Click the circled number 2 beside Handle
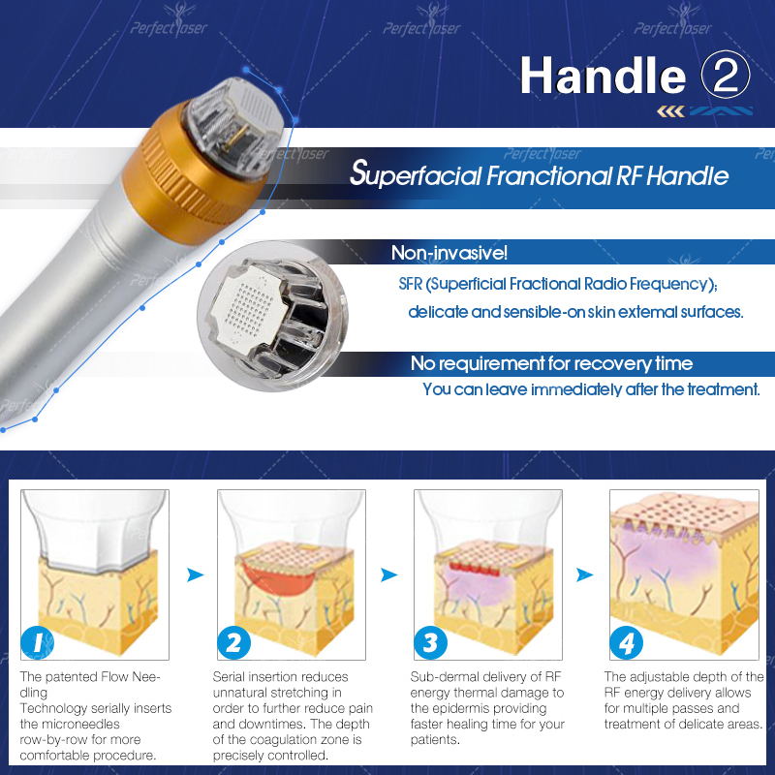(x=725, y=76)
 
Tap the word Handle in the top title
(x=603, y=76)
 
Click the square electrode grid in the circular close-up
(x=249, y=310)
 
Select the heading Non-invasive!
(x=449, y=253)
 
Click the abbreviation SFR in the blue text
(x=411, y=284)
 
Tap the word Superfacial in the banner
(x=416, y=174)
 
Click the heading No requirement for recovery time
(x=551, y=363)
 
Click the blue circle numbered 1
(x=38, y=642)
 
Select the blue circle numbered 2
(x=233, y=642)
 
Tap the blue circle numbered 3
(x=430, y=642)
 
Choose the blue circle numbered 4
(x=626, y=642)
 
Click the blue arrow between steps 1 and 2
(x=196, y=574)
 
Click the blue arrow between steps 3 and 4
(x=585, y=574)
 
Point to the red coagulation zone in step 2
(x=279, y=579)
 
